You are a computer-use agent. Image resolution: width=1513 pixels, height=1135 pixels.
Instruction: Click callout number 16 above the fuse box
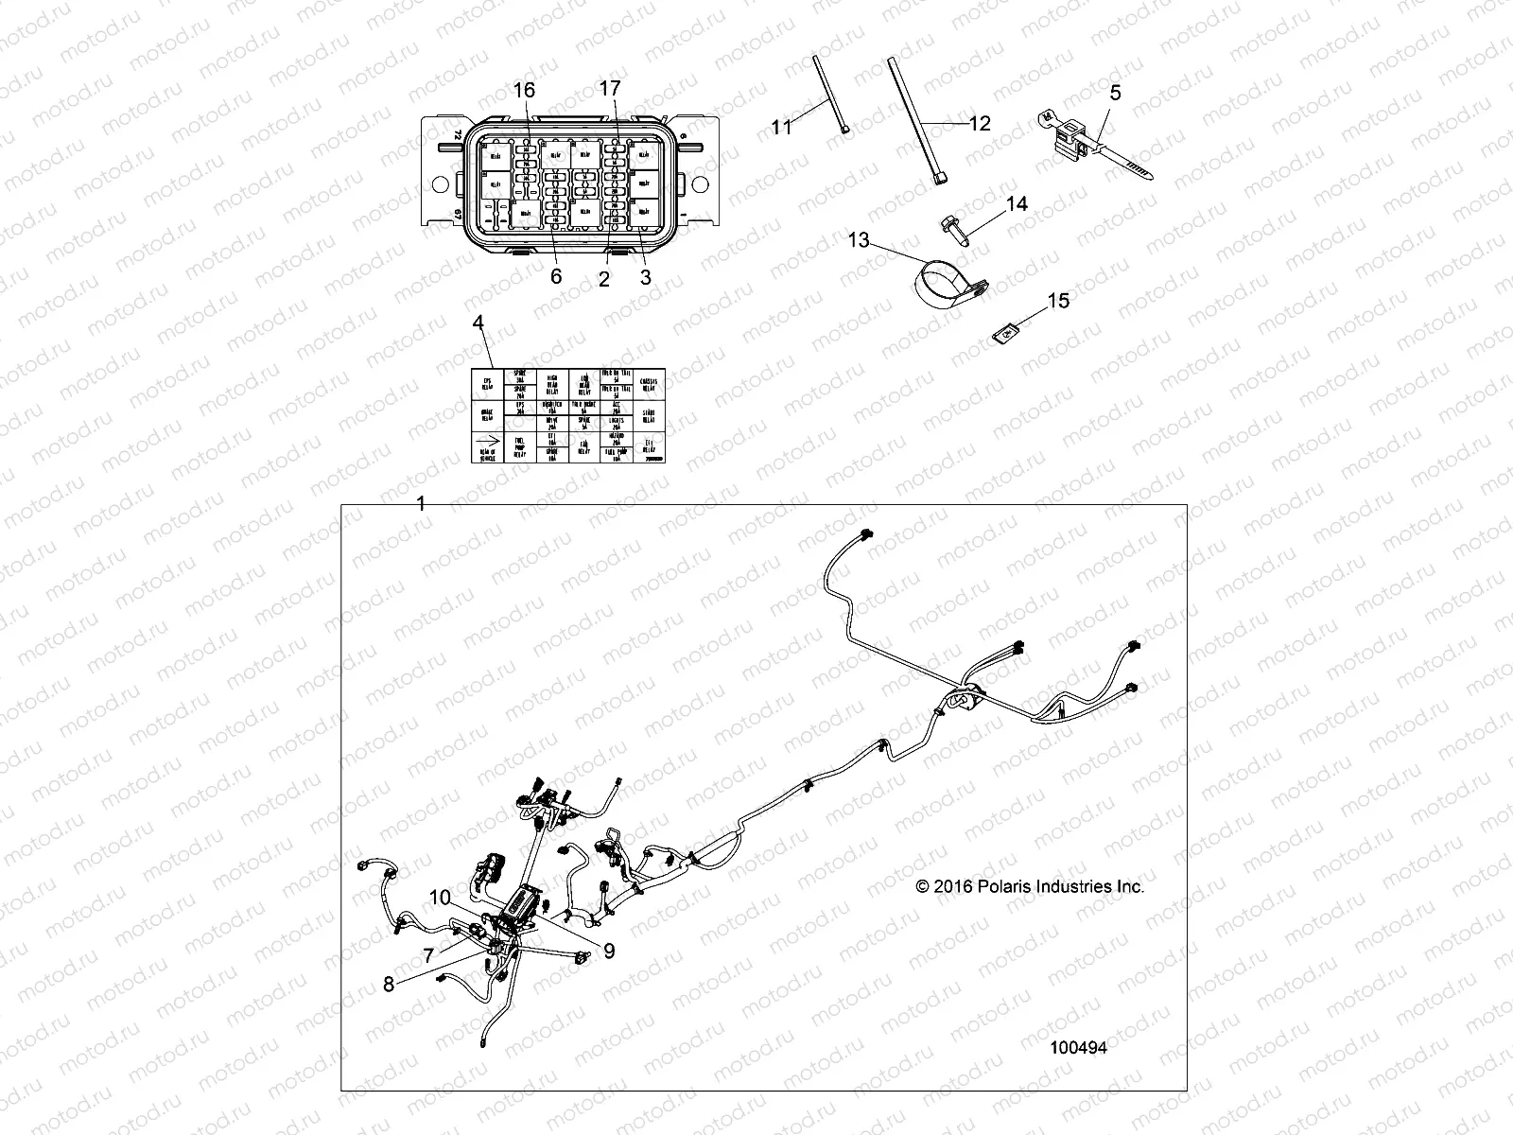click(x=524, y=90)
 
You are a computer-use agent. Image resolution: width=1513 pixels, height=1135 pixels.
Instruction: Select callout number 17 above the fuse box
click(x=610, y=88)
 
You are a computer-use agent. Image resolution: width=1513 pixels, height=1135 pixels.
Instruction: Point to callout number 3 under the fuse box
click(x=646, y=277)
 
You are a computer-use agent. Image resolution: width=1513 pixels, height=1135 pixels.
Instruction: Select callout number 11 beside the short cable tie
click(x=781, y=127)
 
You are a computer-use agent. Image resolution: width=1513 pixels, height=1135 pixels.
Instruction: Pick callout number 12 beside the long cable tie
click(x=979, y=123)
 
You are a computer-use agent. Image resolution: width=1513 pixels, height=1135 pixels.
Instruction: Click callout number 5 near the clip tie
click(x=1116, y=93)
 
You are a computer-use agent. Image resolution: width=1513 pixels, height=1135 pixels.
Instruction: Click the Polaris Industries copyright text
click(x=1029, y=887)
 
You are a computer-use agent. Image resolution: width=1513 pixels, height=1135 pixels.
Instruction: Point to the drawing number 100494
click(x=1079, y=1048)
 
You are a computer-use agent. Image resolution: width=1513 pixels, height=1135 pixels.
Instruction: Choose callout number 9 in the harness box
click(x=609, y=951)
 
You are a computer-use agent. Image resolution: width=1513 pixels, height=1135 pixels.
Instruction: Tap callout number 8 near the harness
click(x=389, y=984)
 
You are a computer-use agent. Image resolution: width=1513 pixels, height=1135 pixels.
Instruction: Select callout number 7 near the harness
click(x=428, y=954)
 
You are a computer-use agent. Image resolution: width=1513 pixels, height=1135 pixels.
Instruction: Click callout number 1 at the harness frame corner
click(x=422, y=504)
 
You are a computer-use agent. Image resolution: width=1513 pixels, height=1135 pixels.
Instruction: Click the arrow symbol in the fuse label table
click(x=488, y=439)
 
